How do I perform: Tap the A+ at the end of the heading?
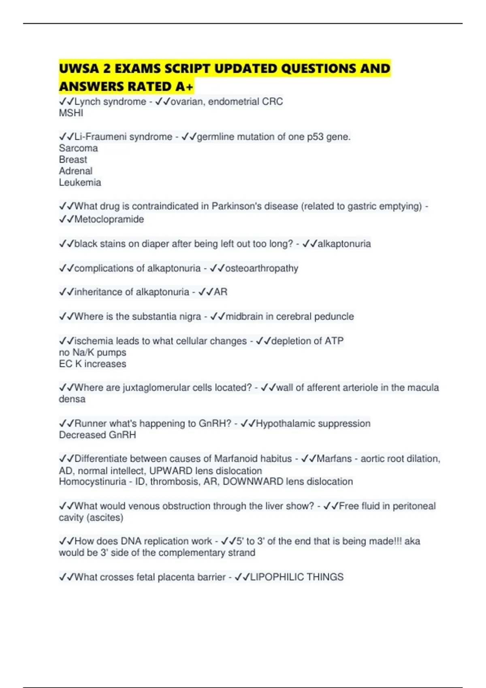click(x=185, y=87)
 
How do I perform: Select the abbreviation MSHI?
click(x=71, y=113)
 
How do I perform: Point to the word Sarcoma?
click(x=78, y=148)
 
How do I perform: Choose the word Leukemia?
click(x=80, y=183)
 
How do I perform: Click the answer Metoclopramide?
click(x=109, y=219)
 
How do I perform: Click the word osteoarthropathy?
click(x=262, y=268)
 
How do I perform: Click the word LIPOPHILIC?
click(x=277, y=577)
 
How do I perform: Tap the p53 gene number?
click(x=315, y=137)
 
